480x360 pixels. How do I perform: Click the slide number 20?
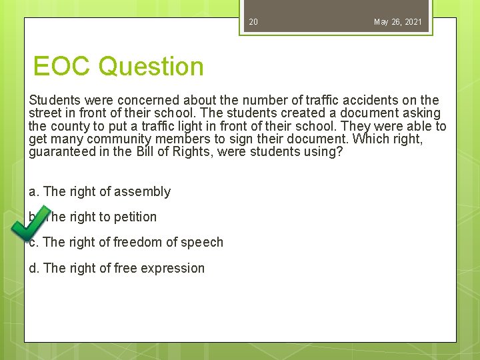click(x=253, y=22)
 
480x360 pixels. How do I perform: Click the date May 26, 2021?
click(x=397, y=22)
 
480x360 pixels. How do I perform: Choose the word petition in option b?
click(x=133, y=217)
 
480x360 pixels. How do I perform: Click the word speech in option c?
click(x=203, y=243)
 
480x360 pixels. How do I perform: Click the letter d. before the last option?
click(x=34, y=269)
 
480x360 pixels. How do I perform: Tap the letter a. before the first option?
click(x=34, y=192)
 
